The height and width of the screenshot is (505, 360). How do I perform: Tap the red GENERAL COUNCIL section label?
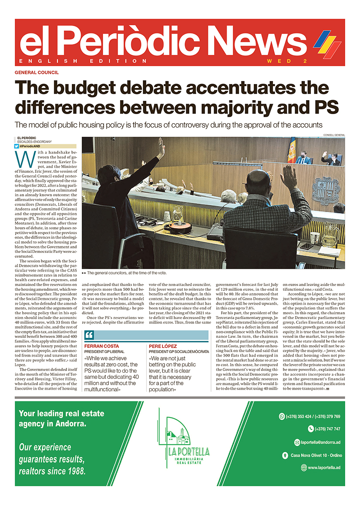(37, 73)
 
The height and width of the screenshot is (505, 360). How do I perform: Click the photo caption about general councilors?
(126, 273)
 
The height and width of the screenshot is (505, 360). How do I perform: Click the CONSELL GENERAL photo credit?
(334, 135)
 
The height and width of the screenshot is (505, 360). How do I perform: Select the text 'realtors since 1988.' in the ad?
(52, 471)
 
